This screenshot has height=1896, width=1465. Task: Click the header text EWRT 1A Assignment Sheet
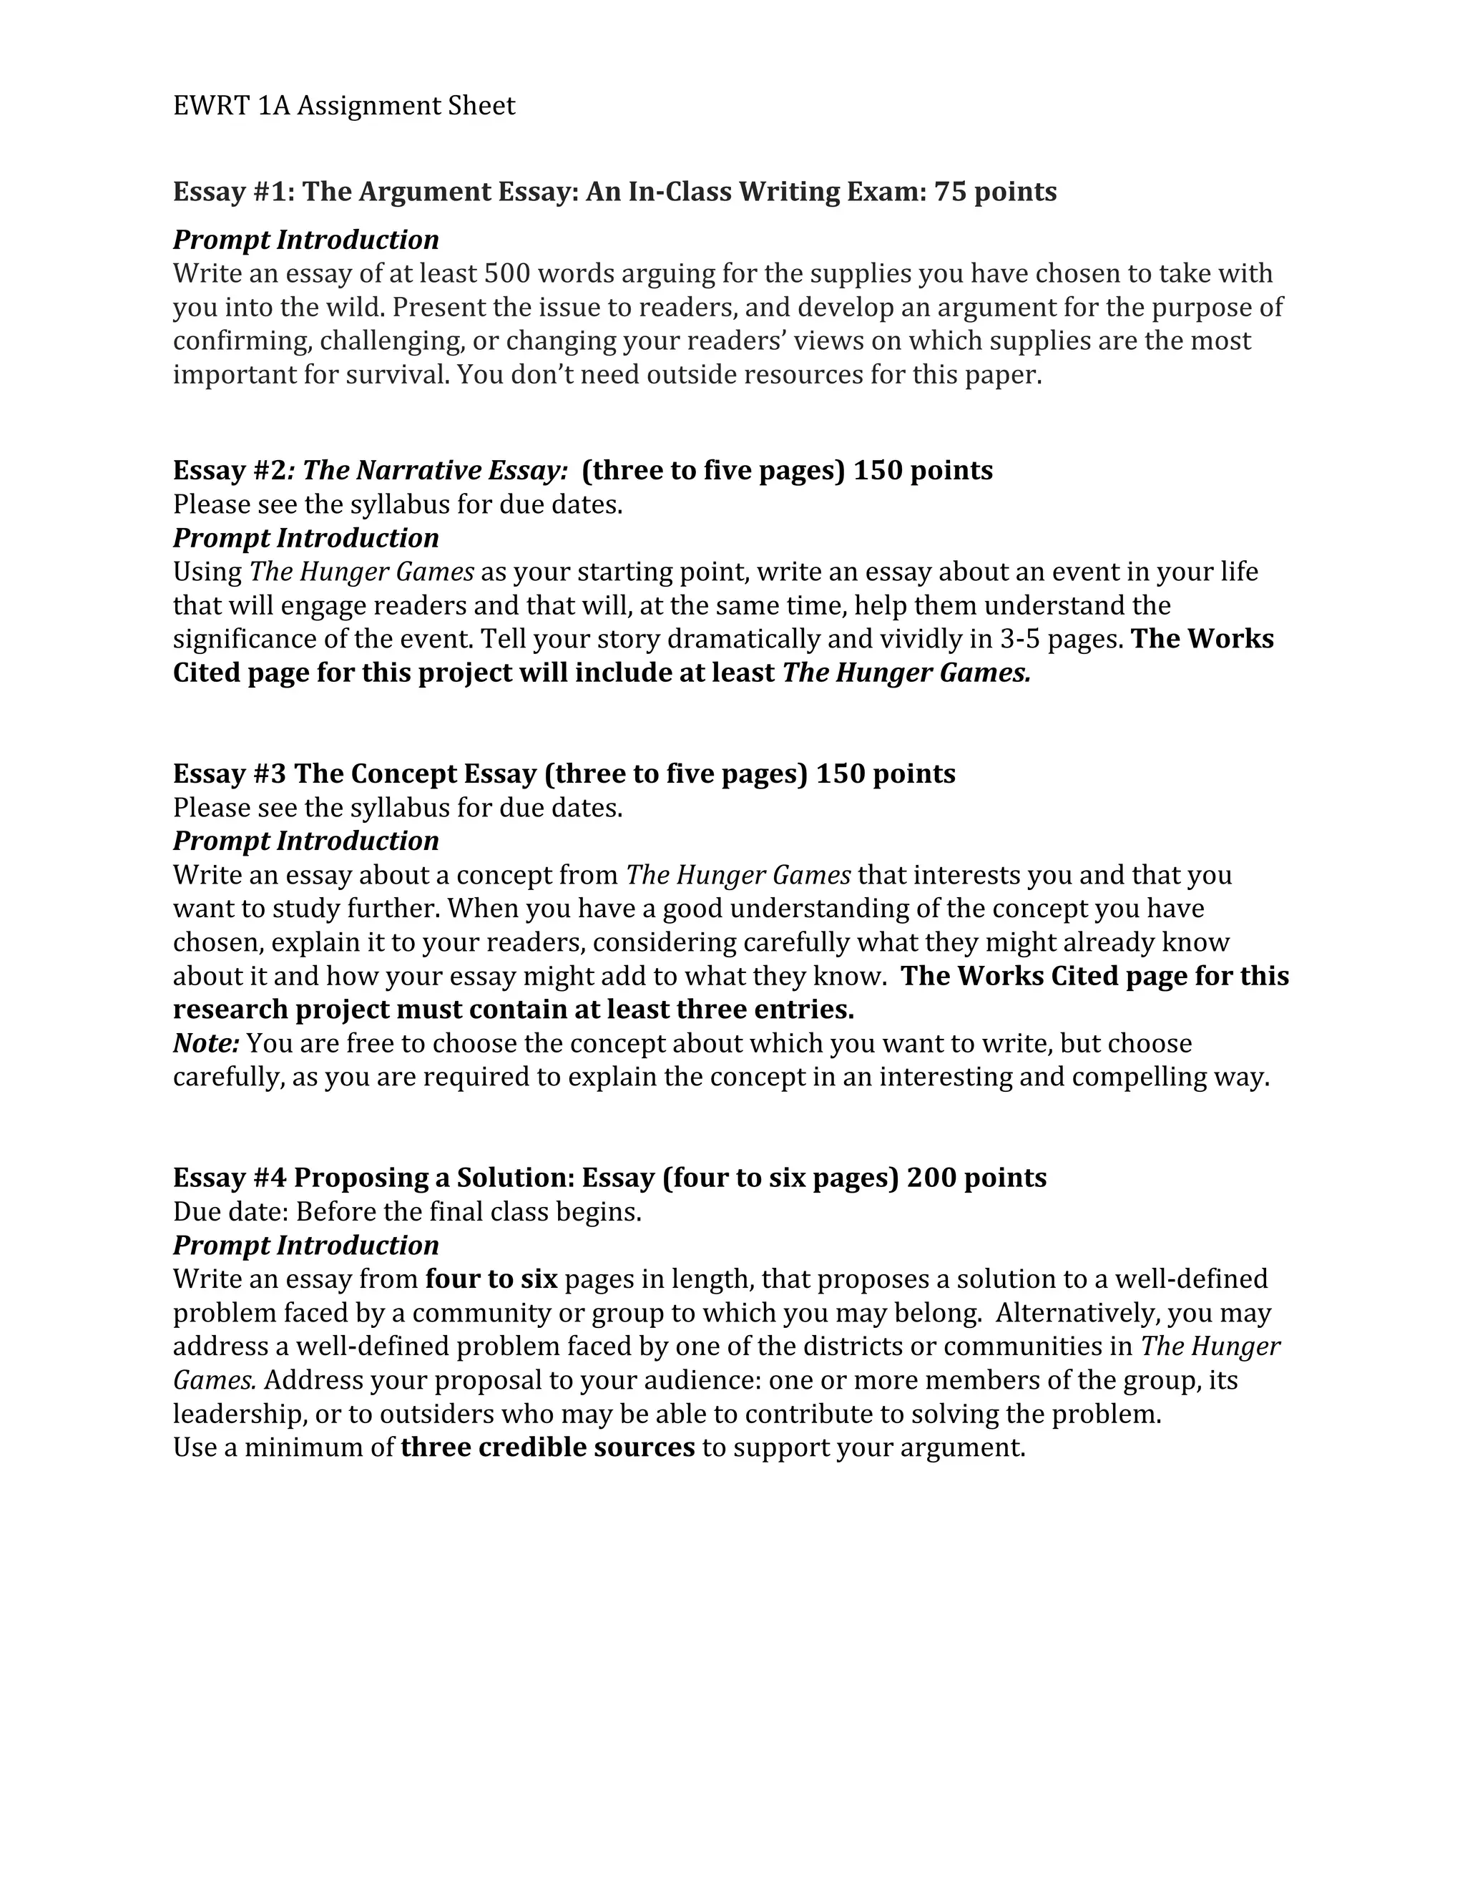point(343,106)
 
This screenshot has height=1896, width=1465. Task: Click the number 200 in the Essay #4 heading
point(931,1178)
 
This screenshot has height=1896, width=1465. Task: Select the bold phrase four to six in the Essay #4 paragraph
point(491,1280)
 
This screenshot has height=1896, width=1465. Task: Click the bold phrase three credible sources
point(548,1448)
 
